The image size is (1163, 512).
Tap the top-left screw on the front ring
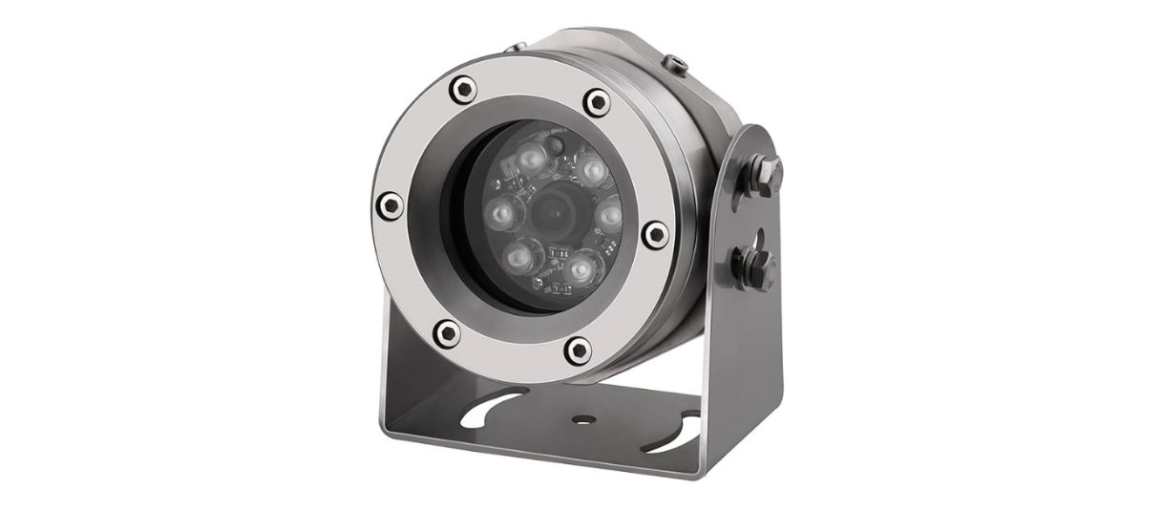(460, 91)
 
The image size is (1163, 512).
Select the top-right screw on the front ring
(597, 100)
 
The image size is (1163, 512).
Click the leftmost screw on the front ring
(390, 203)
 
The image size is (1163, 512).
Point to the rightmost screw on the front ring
(654, 233)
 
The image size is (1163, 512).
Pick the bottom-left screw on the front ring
(446, 332)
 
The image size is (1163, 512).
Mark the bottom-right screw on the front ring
(578, 350)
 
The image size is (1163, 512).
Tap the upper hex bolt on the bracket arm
(765, 173)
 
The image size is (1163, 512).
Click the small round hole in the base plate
(581, 417)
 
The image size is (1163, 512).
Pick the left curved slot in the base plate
(497, 402)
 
